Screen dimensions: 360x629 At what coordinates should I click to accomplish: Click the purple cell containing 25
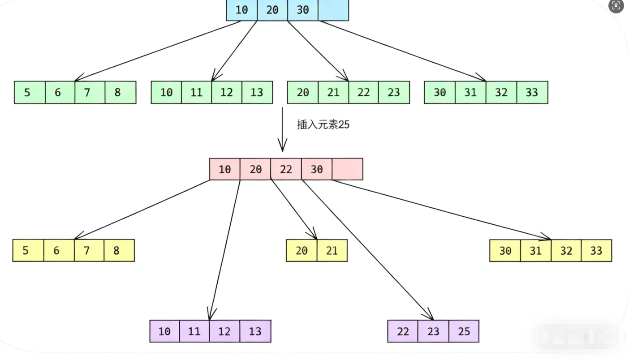click(464, 331)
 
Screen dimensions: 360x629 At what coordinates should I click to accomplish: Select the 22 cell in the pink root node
click(286, 169)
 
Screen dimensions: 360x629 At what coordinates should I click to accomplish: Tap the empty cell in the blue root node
click(333, 10)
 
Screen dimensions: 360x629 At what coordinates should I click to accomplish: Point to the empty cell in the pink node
click(347, 169)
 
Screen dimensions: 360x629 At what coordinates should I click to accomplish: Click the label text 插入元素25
click(323, 124)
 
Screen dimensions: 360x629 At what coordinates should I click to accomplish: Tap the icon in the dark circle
click(616, 6)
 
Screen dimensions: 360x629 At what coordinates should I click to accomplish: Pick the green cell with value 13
click(257, 92)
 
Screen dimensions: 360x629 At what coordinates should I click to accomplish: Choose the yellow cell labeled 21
click(332, 250)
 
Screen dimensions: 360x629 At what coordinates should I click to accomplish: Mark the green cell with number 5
click(28, 92)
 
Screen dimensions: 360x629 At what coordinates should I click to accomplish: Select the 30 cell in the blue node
click(303, 10)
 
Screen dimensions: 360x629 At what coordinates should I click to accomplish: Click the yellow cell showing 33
click(596, 250)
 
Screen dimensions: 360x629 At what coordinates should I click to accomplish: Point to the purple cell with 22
click(403, 331)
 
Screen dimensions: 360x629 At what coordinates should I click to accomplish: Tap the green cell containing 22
click(363, 92)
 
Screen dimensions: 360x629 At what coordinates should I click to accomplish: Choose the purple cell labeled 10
click(164, 331)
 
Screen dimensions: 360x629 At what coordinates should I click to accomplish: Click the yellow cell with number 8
click(116, 250)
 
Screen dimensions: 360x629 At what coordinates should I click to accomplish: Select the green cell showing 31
click(470, 92)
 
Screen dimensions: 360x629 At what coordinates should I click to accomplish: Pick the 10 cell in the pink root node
click(224, 169)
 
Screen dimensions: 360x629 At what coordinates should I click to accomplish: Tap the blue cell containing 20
click(272, 10)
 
